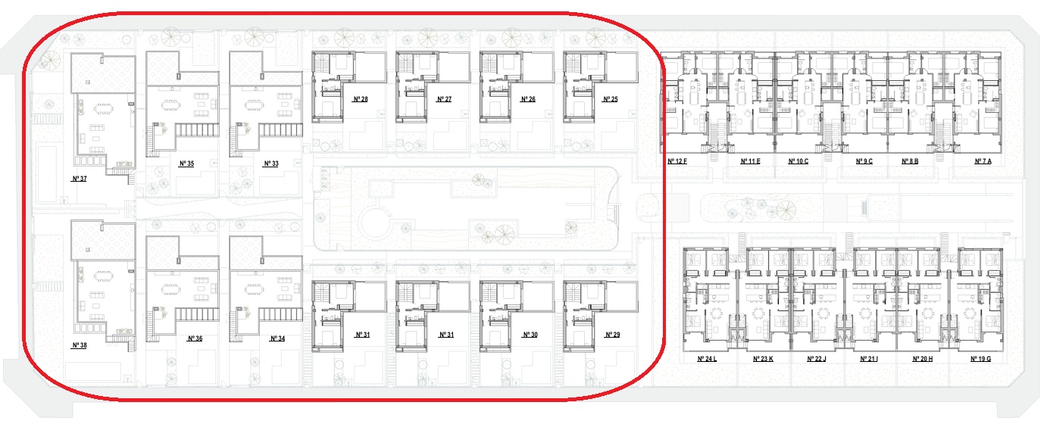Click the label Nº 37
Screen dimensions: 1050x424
coord(80,179)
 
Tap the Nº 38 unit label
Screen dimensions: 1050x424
coord(80,345)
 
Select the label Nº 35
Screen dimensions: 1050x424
coord(186,164)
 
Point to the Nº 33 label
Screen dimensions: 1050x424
coord(271,164)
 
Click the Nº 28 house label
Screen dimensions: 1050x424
coord(361,99)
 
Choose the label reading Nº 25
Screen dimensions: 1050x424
coord(611,99)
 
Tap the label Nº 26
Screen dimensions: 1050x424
coord(528,99)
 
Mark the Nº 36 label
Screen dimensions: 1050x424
coord(195,338)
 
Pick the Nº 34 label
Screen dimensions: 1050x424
coord(277,338)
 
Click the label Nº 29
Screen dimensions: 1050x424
coord(613,335)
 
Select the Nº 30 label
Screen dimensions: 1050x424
coord(530,335)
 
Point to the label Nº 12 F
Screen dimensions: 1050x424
coord(677,161)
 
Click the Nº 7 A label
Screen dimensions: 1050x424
coord(983,161)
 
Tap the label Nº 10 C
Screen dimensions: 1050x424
coord(798,161)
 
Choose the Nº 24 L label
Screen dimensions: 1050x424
coord(707,359)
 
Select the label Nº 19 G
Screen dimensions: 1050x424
coord(980,359)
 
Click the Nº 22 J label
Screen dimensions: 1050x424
coord(817,359)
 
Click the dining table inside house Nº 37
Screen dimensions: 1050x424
coord(103,109)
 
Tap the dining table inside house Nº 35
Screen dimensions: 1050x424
coord(170,104)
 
